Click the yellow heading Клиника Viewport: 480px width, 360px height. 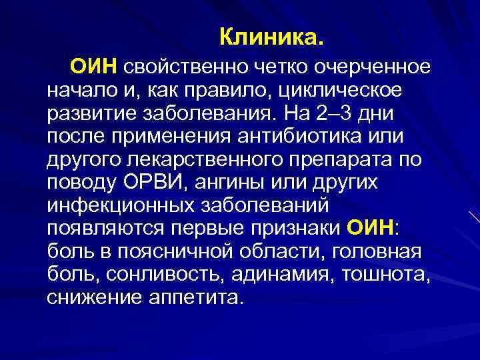point(272,37)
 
